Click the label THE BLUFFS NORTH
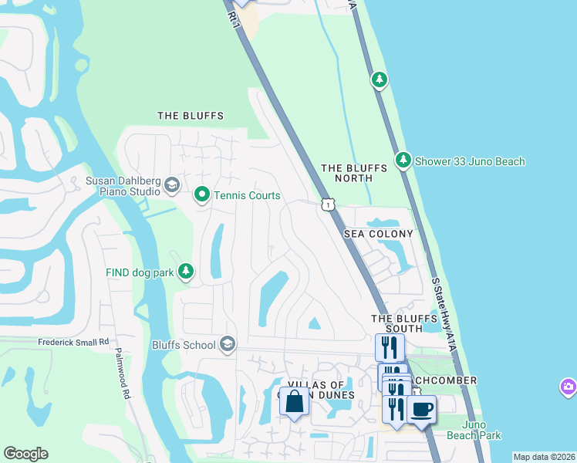click(x=347, y=173)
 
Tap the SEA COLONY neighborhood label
click(x=378, y=233)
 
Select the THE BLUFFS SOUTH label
click(x=397, y=323)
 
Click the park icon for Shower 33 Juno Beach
click(x=403, y=161)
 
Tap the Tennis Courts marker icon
click(x=202, y=194)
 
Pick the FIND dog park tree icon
click(x=185, y=271)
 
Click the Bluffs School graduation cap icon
click(x=228, y=344)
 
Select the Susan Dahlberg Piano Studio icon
click(x=171, y=186)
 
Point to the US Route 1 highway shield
click(x=329, y=204)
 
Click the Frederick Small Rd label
click(x=73, y=341)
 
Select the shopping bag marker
click(x=294, y=402)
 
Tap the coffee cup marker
click(x=421, y=409)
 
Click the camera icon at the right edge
click(x=569, y=386)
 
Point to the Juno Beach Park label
click(x=481, y=430)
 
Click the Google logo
click(x=25, y=454)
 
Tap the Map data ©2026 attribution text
click(x=544, y=457)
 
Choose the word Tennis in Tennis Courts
click(x=231, y=195)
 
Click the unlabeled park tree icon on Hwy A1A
click(x=379, y=79)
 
